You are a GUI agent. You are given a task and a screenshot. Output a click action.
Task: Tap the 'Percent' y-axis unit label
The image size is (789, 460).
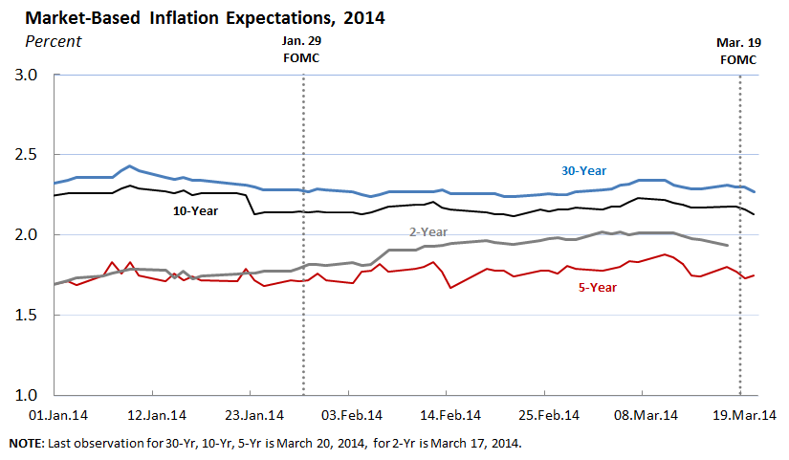point(53,40)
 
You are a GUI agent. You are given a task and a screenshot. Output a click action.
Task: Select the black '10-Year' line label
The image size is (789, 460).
point(197,210)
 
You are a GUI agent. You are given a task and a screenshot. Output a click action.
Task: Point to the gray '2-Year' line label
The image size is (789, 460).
point(427,231)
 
